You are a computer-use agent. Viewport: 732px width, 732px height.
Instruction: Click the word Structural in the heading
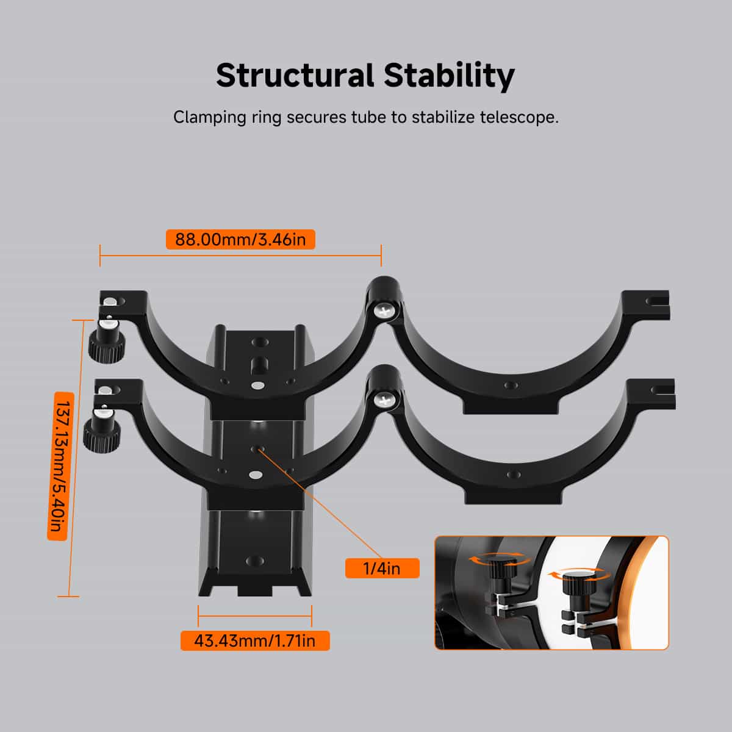pos(295,75)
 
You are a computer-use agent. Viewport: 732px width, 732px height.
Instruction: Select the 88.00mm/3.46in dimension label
pos(240,240)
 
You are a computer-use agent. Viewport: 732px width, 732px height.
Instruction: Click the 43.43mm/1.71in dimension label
pos(255,641)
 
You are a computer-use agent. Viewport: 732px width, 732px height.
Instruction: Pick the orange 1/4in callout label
pos(382,569)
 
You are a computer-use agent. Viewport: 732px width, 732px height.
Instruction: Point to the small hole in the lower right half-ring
pos(513,474)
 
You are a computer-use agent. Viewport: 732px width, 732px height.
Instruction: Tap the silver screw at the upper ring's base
pos(258,386)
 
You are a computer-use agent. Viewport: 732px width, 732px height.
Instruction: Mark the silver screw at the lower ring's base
pos(255,475)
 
